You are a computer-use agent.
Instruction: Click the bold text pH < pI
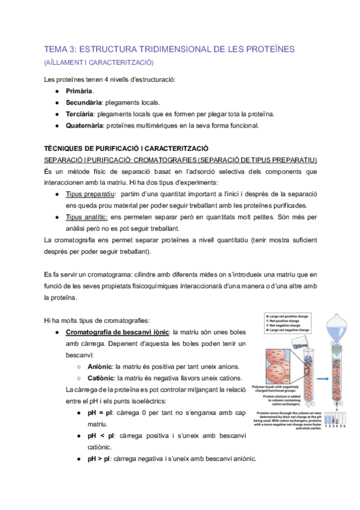pyautogui.click(x=100, y=435)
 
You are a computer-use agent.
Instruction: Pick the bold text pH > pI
pyautogui.click(x=100, y=458)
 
